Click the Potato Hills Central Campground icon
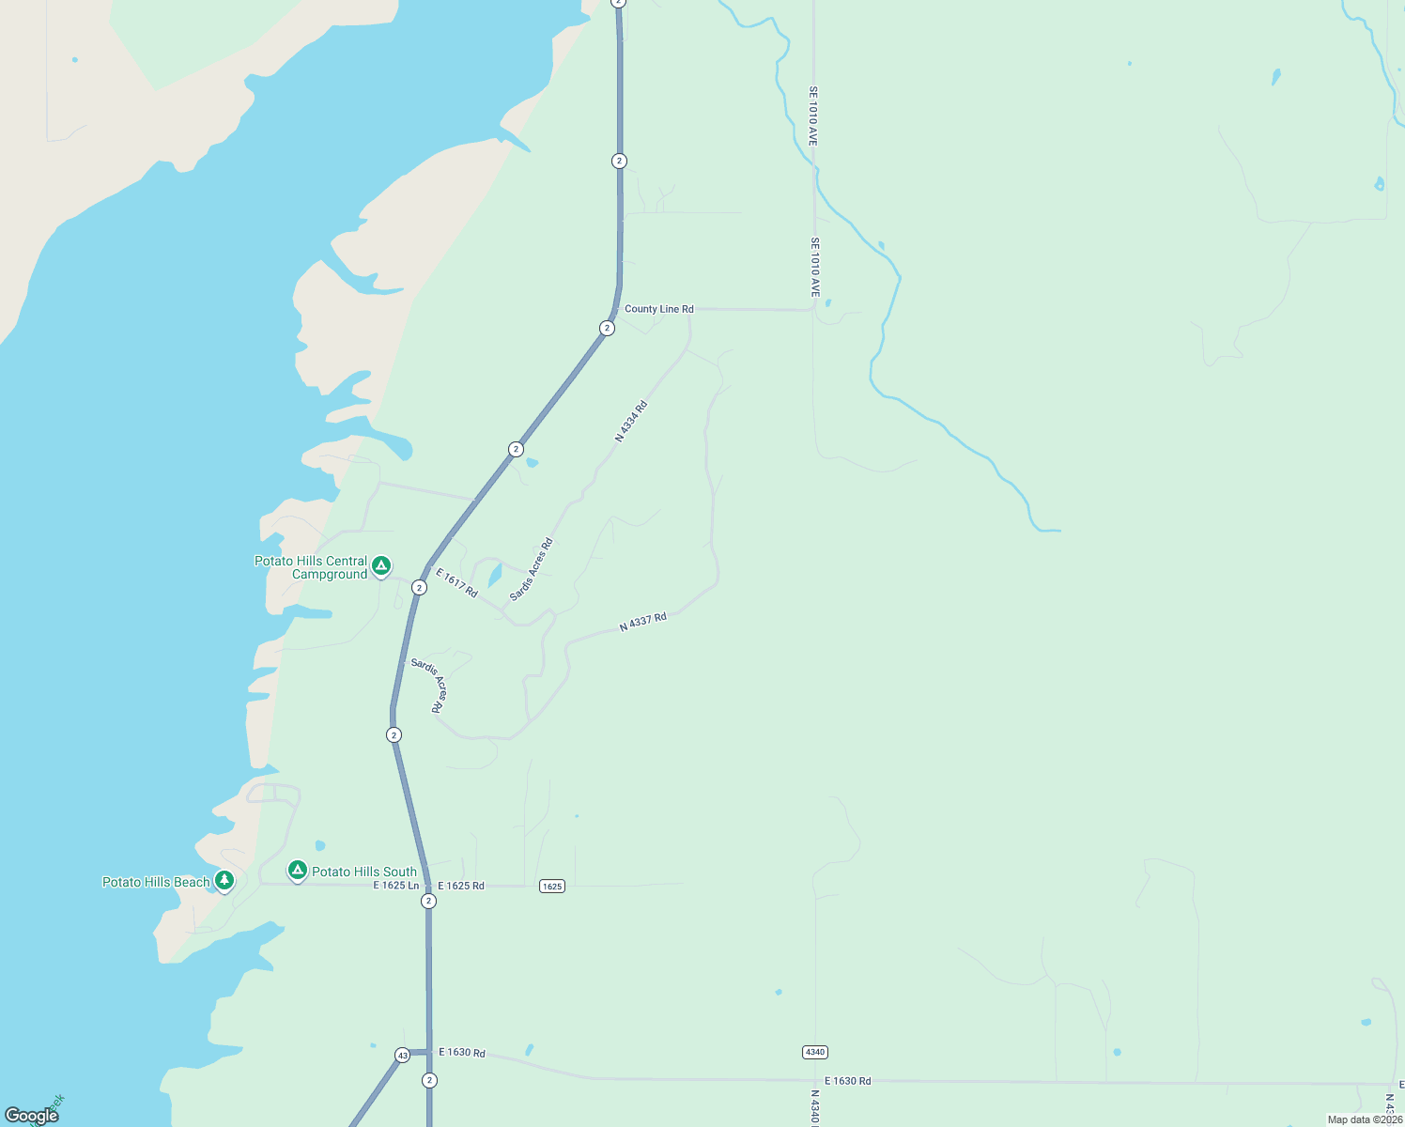(x=381, y=565)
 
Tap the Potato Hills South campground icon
(x=298, y=871)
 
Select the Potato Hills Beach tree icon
(x=224, y=881)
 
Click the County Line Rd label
(x=659, y=309)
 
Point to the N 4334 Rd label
(x=631, y=422)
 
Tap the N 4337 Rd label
(x=643, y=622)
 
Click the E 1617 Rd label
(x=456, y=582)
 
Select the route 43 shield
(x=403, y=1055)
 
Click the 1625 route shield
(x=552, y=887)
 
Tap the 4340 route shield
(x=815, y=1052)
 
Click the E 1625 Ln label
(x=396, y=886)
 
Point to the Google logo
(x=32, y=1116)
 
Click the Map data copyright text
(x=1365, y=1119)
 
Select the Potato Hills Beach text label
(x=156, y=882)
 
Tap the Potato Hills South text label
(x=364, y=872)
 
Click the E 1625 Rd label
(x=461, y=886)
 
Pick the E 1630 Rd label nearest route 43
(x=462, y=1052)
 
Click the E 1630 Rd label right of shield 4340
(x=848, y=1081)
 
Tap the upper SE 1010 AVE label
(x=813, y=116)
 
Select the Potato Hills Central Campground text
(x=311, y=567)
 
